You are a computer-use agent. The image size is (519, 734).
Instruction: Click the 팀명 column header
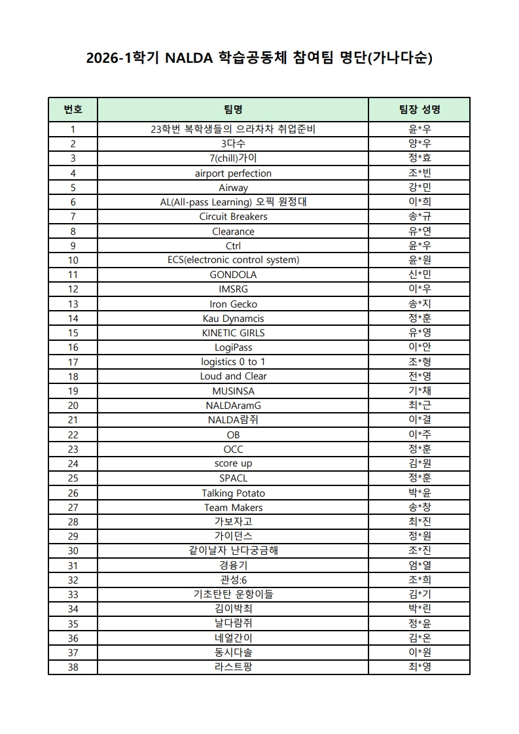(x=233, y=109)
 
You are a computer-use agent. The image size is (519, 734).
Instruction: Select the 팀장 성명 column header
(x=419, y=109)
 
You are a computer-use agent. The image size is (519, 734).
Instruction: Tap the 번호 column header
(x=73, y=109)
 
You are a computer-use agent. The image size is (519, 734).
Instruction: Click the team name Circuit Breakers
(x=233, y=217)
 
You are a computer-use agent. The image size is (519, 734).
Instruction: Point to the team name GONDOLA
(x=233, y=275)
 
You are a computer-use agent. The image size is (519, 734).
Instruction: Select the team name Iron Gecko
(x=233, y=304)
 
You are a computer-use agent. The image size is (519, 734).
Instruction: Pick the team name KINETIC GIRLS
(x=233, y=333)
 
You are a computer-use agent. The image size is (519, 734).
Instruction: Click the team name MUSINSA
(x=233, y=391)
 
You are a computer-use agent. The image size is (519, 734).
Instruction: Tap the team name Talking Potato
(x=233, y=493)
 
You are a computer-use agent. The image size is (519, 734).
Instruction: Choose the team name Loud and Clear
(x=233, y=376)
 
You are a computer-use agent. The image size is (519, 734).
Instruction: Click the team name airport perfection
(x=233, y=173)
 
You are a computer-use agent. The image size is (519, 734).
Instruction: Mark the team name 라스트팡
(x=233, y=667)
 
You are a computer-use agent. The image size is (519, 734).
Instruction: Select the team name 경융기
(x=233, y=566)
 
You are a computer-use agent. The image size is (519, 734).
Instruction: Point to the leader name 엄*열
(x=419, y=566)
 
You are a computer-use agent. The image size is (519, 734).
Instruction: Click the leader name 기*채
(x=419, y=391)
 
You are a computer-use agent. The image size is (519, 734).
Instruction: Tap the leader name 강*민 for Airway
(x=419, y=188)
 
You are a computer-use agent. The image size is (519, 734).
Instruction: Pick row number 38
(x=73, y=667)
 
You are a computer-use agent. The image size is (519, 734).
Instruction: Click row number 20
(x=73, y=406)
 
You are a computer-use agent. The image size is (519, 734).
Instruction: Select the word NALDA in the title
(x=187, y=59)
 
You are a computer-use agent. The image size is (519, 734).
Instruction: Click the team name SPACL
(x=233, y=478)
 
